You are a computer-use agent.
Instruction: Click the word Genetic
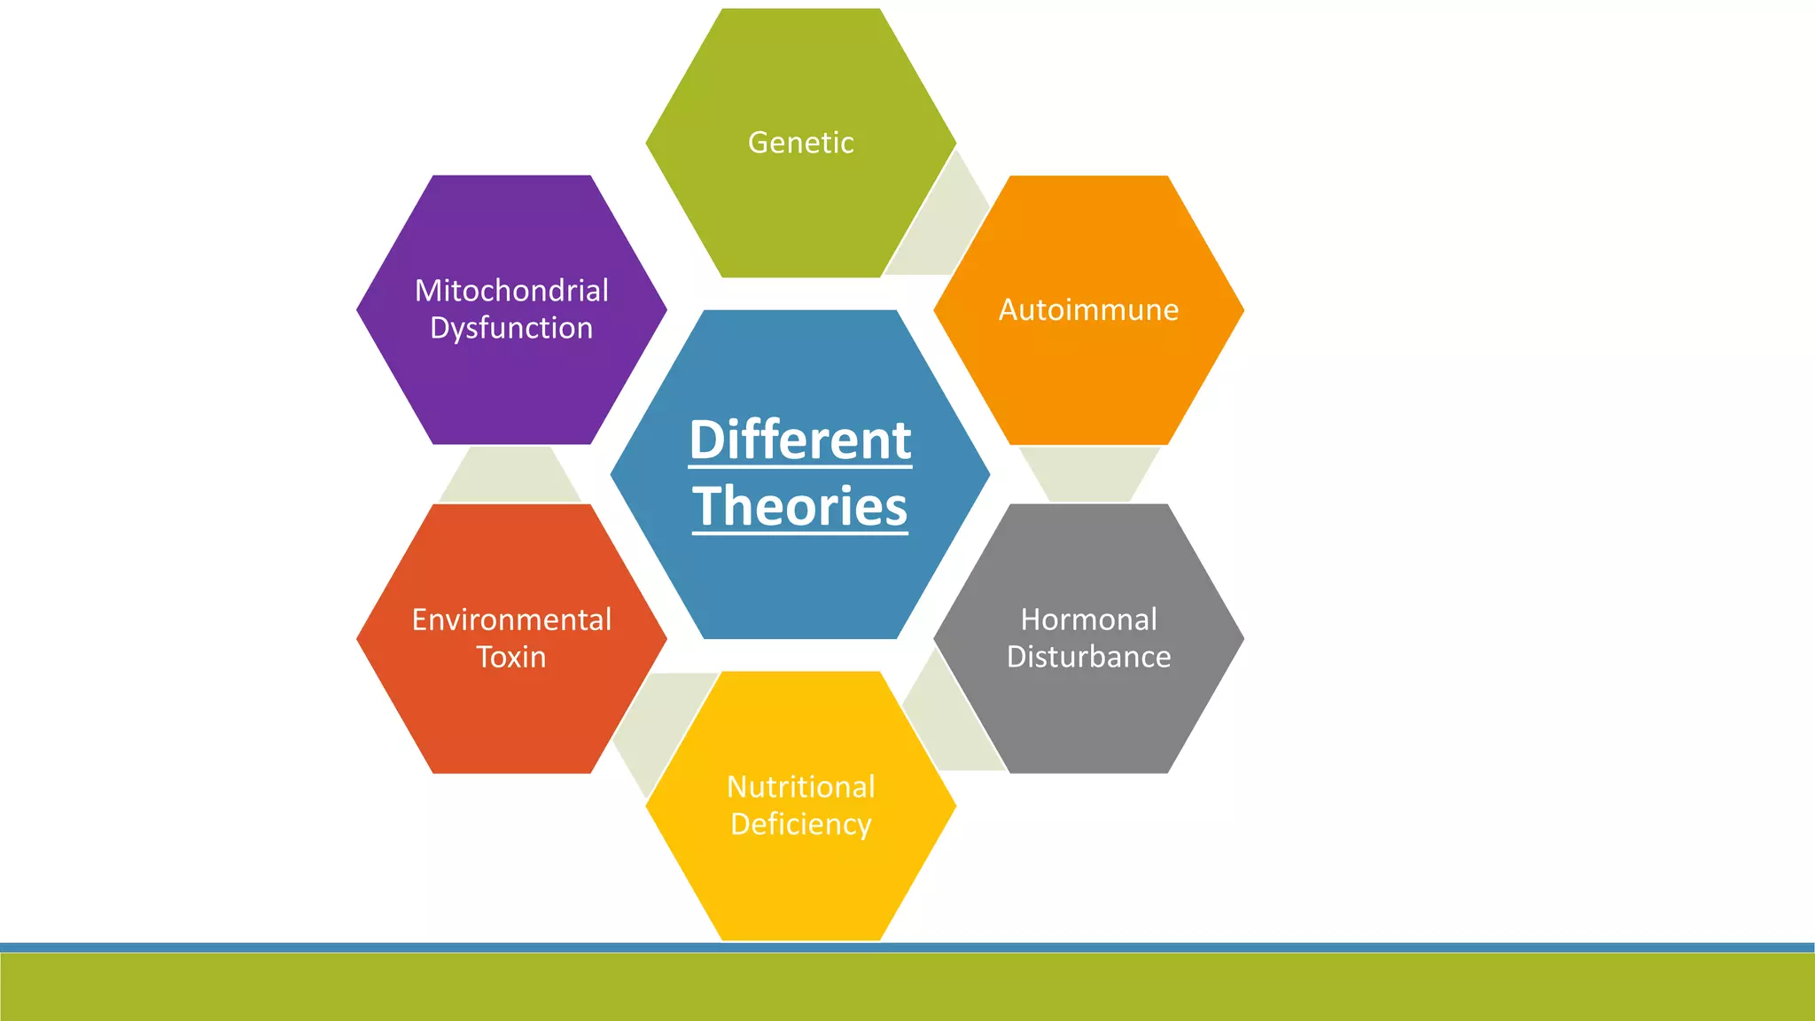pyautogui.click(x=800, y=143)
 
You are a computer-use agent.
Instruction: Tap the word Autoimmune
pyautogui.click(x=1088, y=310)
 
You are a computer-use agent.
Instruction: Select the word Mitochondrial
pyautogui.click(x=511, y=291)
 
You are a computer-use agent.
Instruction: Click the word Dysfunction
pyautogui.click(x=511, y=328)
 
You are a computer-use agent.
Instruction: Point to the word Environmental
pyautogui.click(x=511, y=620)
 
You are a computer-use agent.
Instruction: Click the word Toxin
pyautogui.click(x=511, y=657)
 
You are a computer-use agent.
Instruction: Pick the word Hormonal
pyautogui.click(x=1088, y=620)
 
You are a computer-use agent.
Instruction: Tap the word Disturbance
pyautogui.click(x=1088, y=657)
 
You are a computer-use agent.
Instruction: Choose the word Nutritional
pyautogui.click(x=800, y=787)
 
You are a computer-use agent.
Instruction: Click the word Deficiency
pyautogui.click(x=800, y=824)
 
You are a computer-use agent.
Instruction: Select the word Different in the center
pyautogui.click(x=800, y=440)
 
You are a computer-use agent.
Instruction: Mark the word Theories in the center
pyautogui.click(x=800, y=506)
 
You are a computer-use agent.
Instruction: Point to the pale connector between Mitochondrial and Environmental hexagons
pyautogui.click(x=510, y=474)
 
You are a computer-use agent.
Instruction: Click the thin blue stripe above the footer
pyautogui.click(x=907, y=947)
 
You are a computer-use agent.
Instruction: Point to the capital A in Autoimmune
pyautogui.click(x=1009, y=310)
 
